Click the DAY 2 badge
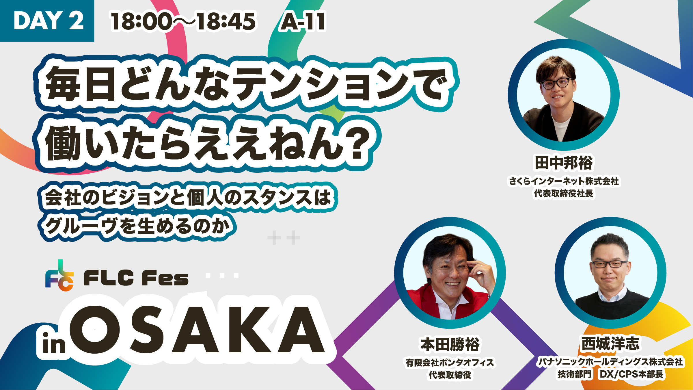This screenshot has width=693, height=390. [x=47, y=21]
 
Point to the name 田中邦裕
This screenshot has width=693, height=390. [x=564, y=163]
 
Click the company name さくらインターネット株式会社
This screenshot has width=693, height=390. [x=564, y=181]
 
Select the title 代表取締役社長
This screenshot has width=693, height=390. [x=564, y=193]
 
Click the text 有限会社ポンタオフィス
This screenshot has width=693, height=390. [x=450, y=362]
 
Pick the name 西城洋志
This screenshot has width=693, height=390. [x=610, y=343]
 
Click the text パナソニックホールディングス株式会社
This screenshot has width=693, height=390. [x=610, y=362]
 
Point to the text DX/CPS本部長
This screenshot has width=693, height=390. [x=631, y=374]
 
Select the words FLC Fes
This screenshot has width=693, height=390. [x=136, y=278]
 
